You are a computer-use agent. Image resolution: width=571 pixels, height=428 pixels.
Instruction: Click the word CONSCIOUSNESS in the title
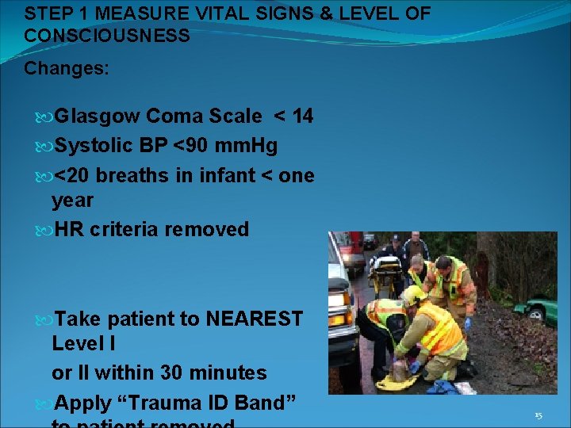[107, 36]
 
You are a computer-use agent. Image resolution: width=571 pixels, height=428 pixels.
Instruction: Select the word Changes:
[67, 69]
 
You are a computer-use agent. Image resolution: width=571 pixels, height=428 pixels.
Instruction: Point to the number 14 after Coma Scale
[302, 117]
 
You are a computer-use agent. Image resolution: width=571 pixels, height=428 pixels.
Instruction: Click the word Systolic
[98, 146]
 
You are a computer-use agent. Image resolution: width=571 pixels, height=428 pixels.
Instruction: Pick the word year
[72, 201]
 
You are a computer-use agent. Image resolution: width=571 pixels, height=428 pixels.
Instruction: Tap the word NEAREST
[254, 319]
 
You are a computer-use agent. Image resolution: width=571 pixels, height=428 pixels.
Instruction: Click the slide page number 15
[538, 415]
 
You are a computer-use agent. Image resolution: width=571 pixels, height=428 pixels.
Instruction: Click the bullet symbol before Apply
[44, 403]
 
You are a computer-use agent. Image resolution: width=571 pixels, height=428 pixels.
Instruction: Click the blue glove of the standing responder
[468, 323]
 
